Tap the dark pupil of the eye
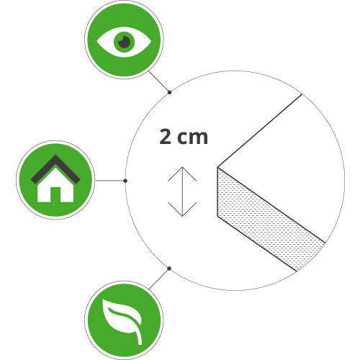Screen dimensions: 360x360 click(x=125, y=42)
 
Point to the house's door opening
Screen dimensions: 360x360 click(x=55, y=194)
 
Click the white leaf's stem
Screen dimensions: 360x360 click(x=139, y=337)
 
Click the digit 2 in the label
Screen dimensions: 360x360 click(x=166, y=136)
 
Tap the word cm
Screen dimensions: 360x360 click(x=192, y=138)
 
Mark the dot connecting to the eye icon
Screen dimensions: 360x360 click(x=169, y=92)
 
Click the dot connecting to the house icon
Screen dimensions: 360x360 click(x=125, y=181)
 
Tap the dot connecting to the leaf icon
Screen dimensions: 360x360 click(x=169, y=269)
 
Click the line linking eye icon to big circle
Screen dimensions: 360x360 click(x=159, y=81)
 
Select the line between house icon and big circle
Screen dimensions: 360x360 click(x=110, y=181)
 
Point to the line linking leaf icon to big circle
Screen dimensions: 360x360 click(x=159, y=279)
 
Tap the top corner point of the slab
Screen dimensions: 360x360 click(x=217, y=167)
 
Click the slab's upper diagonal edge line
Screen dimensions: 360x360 click(x=260, y=130)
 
